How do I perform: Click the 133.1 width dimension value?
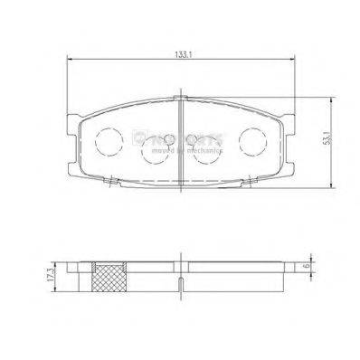(182, 54)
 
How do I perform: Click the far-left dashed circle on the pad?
(109, 139)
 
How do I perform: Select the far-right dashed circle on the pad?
(253, 139)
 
